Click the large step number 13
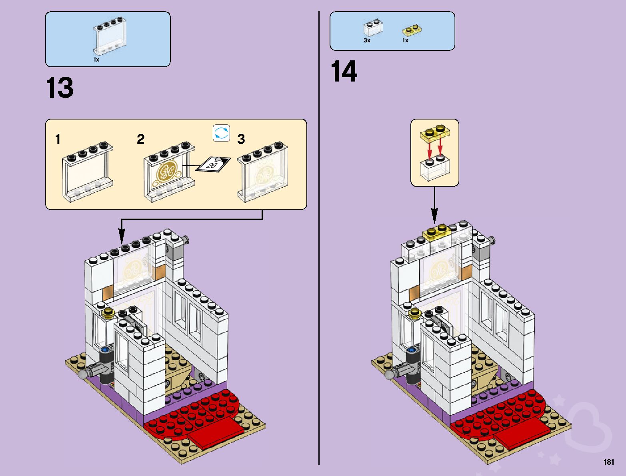click(60, 88)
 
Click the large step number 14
click(344, 72)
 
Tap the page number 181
click(608, 462)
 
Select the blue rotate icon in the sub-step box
click(222, 133)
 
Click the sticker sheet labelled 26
click(213, 164)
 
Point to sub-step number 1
click(58, 139)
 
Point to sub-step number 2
click(140, 139)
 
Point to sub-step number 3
click(241, 139)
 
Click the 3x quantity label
click(367, 40)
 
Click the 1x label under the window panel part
click(96, 60)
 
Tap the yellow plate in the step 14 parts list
click(412, 30)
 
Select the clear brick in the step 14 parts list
click(372, 28)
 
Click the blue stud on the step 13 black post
click(106, 350)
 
